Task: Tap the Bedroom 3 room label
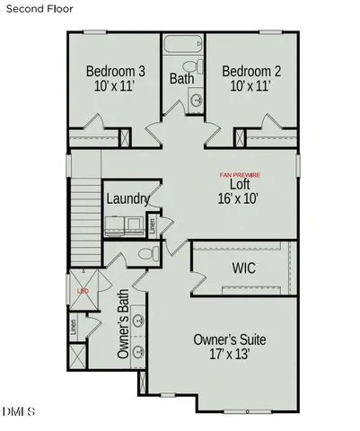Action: (x=117, y=72)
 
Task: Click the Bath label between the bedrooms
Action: (x=182, y=79)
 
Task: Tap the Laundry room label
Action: (x=127, y=198)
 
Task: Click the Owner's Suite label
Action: (x=231, y=339)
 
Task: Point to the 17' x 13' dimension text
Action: (x=231, y=355)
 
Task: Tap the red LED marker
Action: (x=82, y=292)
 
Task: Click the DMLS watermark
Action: (x=18, y=412)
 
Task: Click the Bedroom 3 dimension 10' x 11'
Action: (x=117, y=88)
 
